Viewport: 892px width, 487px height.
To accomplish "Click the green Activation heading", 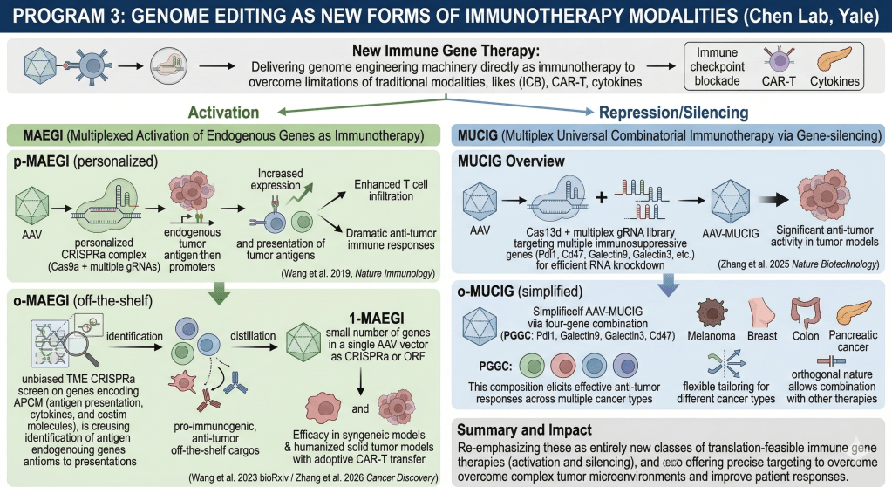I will [x=221, y=113].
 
